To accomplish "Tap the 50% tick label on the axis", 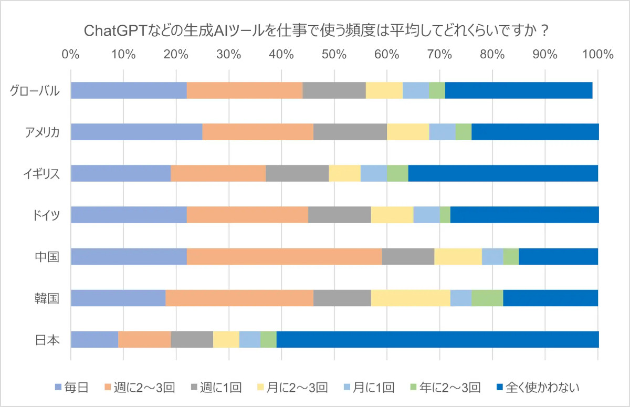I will (x=334, y=54).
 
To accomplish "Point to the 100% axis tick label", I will (x=597, y=54).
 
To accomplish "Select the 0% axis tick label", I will (x=70, y=54).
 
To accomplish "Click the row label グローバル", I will (x=34, y=90).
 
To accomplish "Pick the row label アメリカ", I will (x=41, y=132).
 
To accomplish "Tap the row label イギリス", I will (x=41, y=173).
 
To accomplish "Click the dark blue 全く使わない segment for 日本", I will (x=437, y=339).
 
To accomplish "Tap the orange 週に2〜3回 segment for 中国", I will (x=284, y=256).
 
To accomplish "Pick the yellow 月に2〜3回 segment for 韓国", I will (x=411, y=298).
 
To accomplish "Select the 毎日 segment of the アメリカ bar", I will (x=136, y=132).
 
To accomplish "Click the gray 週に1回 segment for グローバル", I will (x=334, y=90).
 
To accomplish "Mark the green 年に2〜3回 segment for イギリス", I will (x=397, y=173).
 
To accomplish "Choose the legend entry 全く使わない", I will (x=538, y=388).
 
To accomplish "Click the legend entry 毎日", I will (x=71, y=388).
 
